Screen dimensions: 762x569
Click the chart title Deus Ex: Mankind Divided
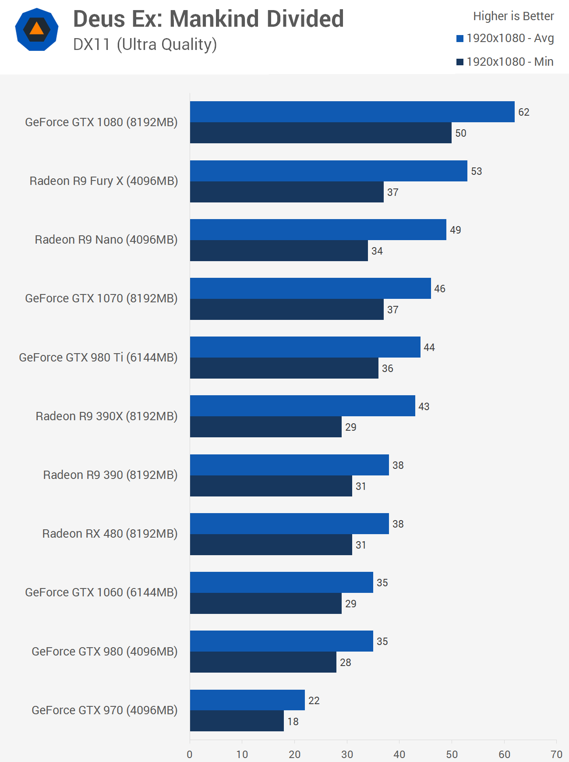208,19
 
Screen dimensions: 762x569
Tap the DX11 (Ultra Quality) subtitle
145,45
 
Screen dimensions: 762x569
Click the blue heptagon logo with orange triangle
37,29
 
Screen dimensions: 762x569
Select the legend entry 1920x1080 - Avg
505,39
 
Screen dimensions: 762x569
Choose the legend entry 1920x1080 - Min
505,62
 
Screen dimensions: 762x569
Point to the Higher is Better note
513,16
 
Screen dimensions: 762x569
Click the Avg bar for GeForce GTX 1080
352,112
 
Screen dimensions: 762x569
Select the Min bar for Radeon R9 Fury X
287,192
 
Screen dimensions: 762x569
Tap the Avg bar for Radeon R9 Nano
318,230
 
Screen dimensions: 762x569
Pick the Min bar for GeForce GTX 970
237,721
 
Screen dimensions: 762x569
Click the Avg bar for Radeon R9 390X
302,406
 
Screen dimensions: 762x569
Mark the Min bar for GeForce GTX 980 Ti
284,368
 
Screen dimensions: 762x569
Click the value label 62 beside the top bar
524,112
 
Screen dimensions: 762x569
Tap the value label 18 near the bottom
293,721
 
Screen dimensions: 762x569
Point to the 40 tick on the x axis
399,754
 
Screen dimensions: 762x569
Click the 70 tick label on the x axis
556,754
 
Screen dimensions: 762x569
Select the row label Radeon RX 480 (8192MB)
110,534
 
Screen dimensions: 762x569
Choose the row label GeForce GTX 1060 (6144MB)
101,592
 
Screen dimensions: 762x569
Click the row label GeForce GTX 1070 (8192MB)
101,298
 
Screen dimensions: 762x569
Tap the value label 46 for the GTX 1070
440,289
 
